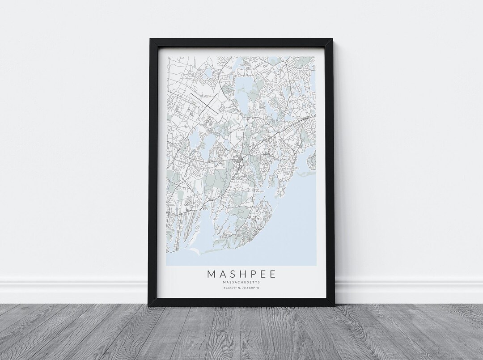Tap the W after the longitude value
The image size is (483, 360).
tap(258, 288)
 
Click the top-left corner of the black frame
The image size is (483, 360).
tap(150, 39)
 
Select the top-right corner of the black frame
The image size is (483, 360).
tap(333, 39)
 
